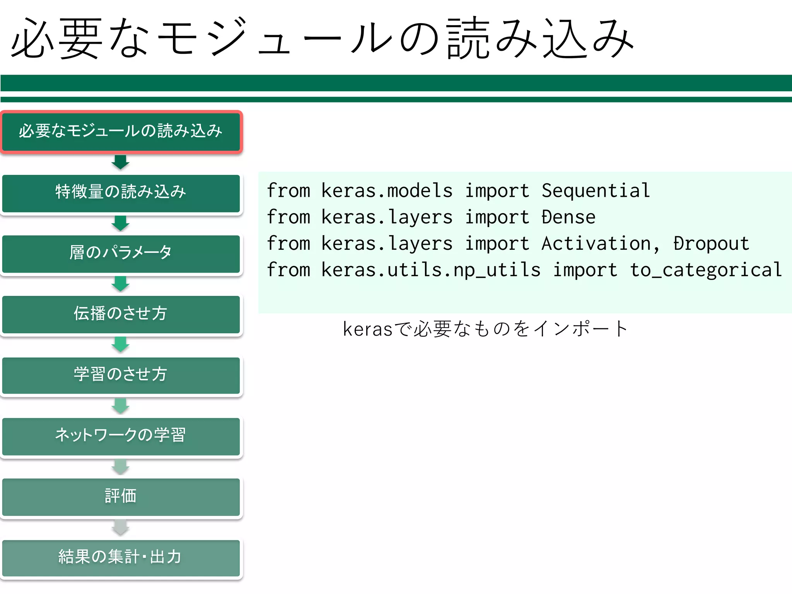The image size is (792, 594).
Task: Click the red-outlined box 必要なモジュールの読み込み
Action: point(121,131)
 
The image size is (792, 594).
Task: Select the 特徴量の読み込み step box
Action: point(121,193)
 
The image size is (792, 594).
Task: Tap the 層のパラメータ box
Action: point(121,253)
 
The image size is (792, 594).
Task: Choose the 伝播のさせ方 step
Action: point(121,314)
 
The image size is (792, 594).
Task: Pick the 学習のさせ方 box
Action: point(121,375)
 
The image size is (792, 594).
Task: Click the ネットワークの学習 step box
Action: point(121,436)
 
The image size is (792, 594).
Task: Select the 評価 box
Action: point(121,497)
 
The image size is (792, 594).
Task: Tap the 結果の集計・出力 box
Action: point(121,557)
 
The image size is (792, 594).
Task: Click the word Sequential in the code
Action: point(596,191)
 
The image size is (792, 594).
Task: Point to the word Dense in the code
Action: point(568,217)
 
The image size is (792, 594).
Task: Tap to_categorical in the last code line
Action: point(706,270)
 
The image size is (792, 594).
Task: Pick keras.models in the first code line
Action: point(387,191)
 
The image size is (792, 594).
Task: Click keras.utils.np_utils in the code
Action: point(431,270)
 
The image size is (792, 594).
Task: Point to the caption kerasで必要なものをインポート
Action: point(485,329)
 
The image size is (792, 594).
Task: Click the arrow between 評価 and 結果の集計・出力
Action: point(121,527)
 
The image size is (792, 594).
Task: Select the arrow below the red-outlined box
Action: point(121,162)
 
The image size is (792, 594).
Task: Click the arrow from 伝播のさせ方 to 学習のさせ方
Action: point(121,344)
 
